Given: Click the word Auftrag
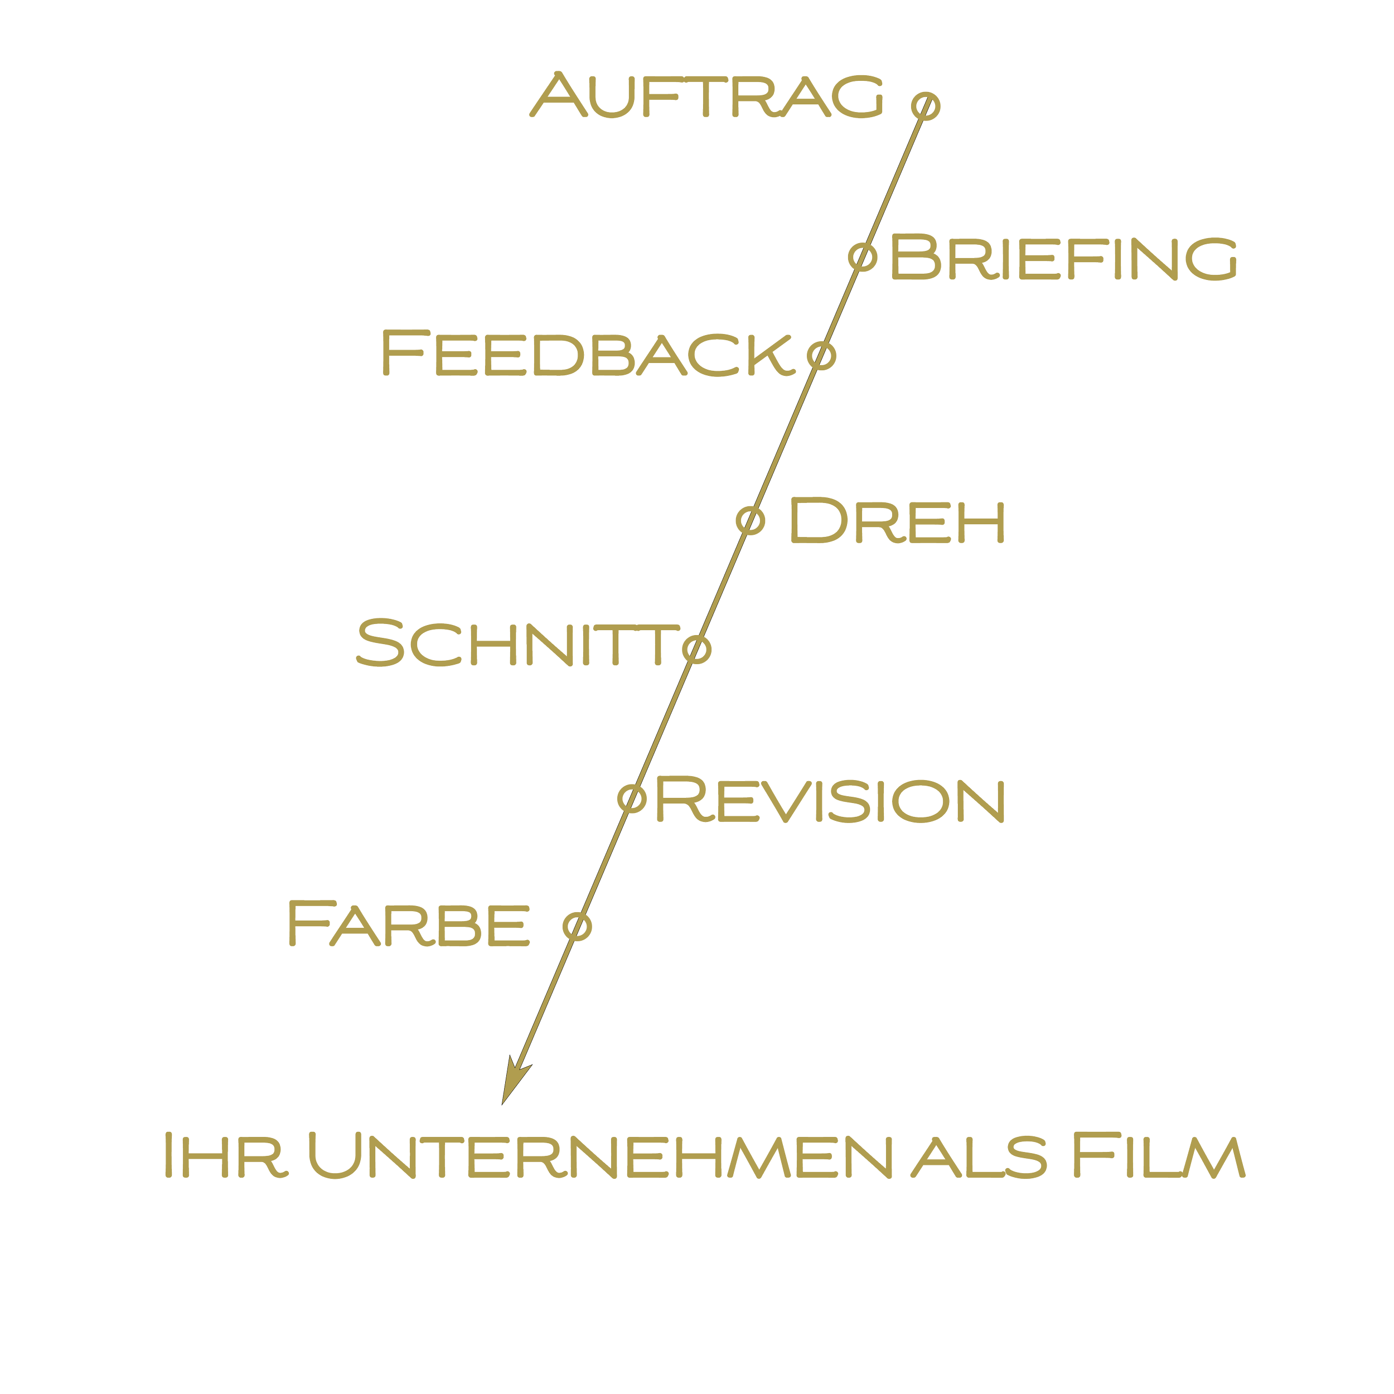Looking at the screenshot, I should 707,95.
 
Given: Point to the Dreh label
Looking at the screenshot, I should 896,520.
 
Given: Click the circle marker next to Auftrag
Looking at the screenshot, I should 925,105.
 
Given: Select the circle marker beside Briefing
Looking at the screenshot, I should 862,256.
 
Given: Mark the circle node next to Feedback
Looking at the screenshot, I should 822,355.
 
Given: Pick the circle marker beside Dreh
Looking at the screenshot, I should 751,520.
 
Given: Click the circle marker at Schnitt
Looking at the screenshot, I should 697,648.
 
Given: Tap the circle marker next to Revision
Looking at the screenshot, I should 632,797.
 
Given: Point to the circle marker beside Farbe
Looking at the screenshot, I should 577,926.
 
